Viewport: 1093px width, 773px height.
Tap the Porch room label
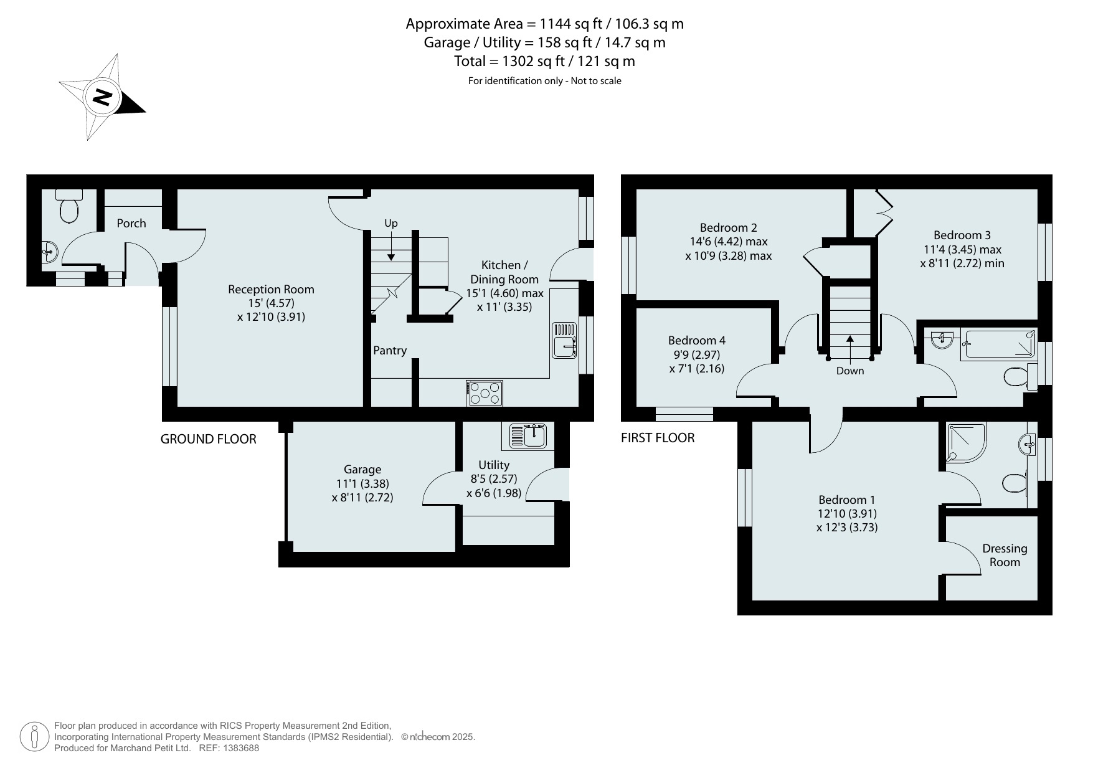click(x=131, y=223)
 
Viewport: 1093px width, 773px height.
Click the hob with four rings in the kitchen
click(x=485, y=393)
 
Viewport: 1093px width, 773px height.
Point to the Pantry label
click(x=390, y=350)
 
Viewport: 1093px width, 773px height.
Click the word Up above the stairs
click(x=390, y=223)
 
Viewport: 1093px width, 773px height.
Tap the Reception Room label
click(x=271, y=289)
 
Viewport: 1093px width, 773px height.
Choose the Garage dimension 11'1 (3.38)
click(x=362, y=483)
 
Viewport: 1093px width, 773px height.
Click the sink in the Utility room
click(x=528, y=435)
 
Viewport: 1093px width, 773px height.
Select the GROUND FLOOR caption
click(x=209, y=439)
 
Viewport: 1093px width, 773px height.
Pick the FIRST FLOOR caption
click(x=658, y=438)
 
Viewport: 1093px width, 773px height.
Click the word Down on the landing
click(x=850, y=371)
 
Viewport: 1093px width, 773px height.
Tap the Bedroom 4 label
click(x=697, y=340)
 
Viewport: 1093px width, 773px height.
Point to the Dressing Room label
click(x=1005, y=555)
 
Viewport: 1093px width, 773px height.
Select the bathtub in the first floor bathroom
click(x=999, y=344)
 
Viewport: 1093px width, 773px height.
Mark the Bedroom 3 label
click(x=962, y=235)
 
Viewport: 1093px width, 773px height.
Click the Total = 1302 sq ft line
click(x=545, y=61)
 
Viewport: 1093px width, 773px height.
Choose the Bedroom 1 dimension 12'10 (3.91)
click(x=847, y=514)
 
